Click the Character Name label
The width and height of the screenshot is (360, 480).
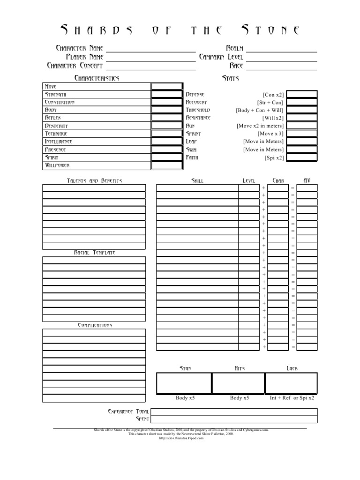click(79, 48)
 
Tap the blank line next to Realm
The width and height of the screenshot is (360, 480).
click(281, 49)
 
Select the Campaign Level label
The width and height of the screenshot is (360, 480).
click(221, 57)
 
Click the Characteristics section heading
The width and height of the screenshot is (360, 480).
click(97, 78)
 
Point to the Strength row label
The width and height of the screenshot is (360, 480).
click(59, 94)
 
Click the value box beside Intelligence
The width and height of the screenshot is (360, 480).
click(167, 142)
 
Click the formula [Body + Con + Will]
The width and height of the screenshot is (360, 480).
click(259, 110)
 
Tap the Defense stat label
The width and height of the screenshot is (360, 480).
click(195, 94)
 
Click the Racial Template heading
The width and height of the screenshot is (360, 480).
click(94, 253)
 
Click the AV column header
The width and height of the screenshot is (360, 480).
click(307, 180)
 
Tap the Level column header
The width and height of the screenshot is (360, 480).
click(248, 180)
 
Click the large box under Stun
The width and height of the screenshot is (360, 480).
click(184, 383)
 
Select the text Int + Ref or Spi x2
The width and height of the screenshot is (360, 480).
click(292, 398)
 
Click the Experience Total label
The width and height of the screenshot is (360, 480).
click(128, 411)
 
